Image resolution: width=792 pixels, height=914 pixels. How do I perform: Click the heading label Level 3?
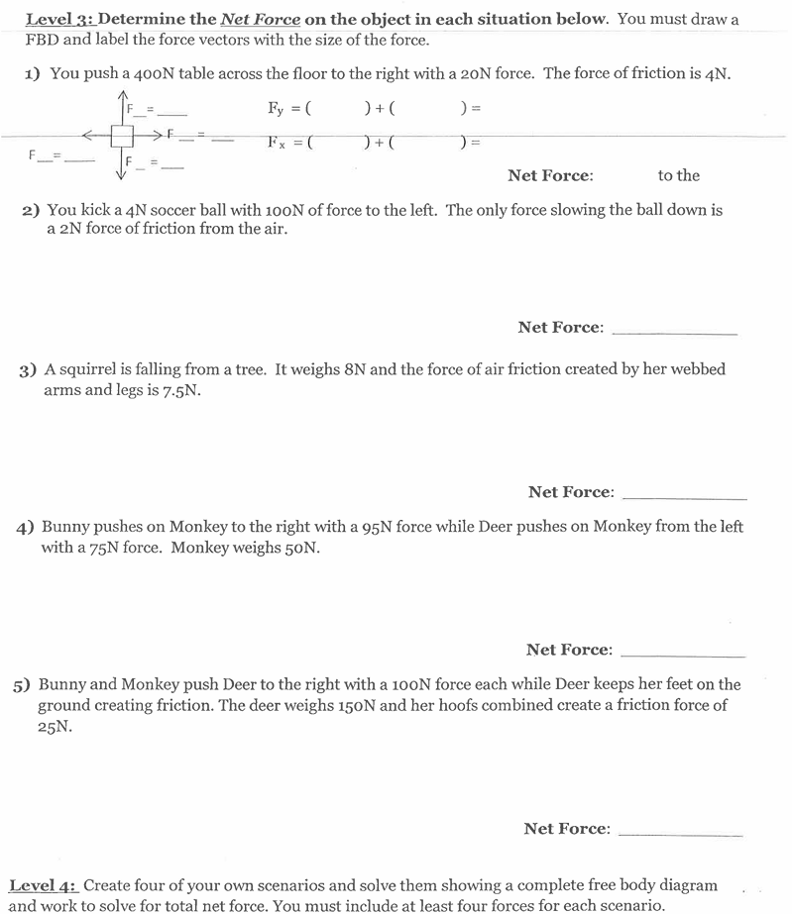(x=58, y=20)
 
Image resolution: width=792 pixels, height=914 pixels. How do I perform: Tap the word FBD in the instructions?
(x=42, y=41)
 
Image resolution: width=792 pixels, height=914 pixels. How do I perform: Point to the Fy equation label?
(x=277, y=108)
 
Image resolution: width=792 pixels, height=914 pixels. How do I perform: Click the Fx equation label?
(x=278, y=142)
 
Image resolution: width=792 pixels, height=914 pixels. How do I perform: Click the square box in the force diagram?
(x=122, y=136)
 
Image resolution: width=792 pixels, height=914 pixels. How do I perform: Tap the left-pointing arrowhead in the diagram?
(x=87, y=136)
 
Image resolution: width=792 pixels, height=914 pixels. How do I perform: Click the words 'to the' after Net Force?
(x=678, y=175)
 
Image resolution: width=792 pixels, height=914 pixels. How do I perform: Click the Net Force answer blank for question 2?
(x=674, y=329)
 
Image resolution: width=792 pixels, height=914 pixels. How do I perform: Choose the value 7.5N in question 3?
(x=181, y=390)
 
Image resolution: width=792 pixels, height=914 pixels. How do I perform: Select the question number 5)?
(x=22, y=684)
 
